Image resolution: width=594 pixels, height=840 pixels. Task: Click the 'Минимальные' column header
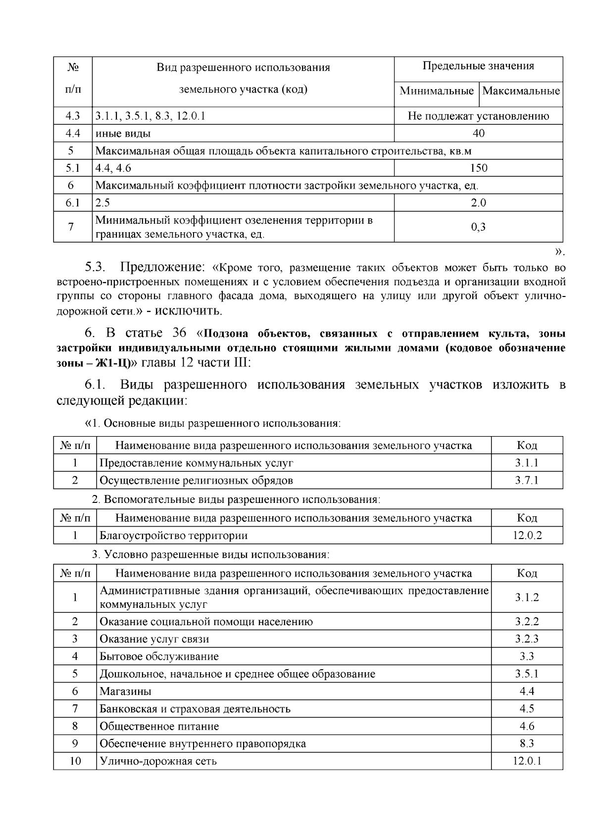point(436,91)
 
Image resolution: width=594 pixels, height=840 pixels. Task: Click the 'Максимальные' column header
point(521,91)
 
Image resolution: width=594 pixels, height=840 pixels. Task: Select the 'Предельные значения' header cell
point(478,66)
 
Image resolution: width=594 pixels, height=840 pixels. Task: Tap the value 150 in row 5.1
point(478,168)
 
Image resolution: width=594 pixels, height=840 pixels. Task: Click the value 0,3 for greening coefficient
point(478,227)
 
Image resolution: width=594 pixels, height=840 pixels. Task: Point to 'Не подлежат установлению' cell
point(478,116)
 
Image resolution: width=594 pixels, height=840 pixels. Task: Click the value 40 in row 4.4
point(478,133)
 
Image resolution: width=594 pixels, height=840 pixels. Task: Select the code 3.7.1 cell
point(527,481)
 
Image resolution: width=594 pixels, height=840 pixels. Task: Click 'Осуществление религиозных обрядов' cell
point(196,481)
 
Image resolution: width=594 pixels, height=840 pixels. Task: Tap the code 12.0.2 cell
point(527,536)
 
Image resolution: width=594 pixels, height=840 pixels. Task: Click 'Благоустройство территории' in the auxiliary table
point(173,536)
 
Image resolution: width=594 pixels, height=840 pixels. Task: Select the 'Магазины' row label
point(125,692)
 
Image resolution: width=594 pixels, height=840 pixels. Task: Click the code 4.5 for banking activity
point(527,709)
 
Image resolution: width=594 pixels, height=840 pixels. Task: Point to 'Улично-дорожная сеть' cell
point(158,761)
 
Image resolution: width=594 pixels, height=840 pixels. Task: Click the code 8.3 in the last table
point(527,744)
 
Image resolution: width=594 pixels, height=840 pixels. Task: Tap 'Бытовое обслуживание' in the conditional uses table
point(159,657)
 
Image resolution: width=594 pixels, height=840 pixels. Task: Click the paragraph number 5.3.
point(96,268)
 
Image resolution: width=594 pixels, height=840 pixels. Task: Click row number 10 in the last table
point(75,761)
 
